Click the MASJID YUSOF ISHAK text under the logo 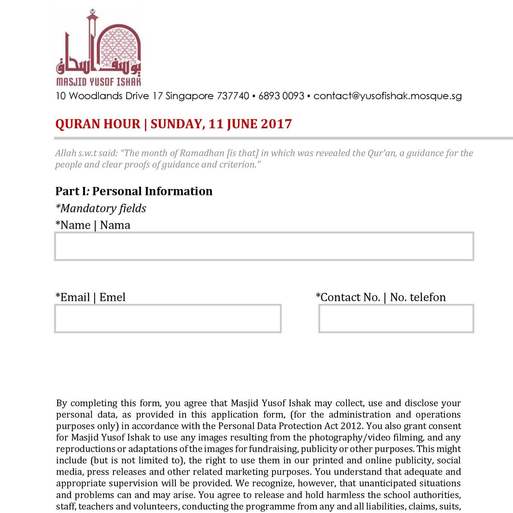click(x=98, y=82)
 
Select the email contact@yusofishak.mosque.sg click(x=387, y=96)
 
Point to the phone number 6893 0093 click(x=281, y=96)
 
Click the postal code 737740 click(x=233, y=96)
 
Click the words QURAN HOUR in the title click(x=98, y=124)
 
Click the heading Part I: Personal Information click(x=134, y=191)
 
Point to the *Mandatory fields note click(x=101, y=208)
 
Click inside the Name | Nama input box click(x=264, y=246)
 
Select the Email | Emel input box click(x=168, y=318)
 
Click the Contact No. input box click(x=396, y=318)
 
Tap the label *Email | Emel click(x=91, y=297)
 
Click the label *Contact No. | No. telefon click(x=381, y=297)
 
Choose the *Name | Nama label click(x=93, y=225)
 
